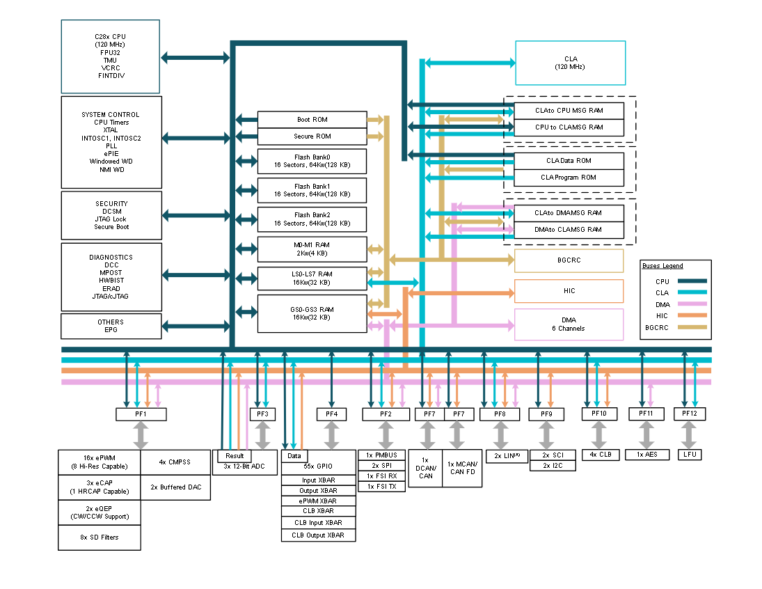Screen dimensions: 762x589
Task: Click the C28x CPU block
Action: (x=111, y=56)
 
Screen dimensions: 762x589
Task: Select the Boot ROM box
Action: (x=312, y=120)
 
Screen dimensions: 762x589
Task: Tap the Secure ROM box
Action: (x=312, y=136)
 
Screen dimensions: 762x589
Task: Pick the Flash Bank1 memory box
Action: (x=312, y=190)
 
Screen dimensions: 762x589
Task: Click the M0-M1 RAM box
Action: (x=312, y=249)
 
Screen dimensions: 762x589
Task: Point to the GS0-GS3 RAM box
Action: (x=312, y=314)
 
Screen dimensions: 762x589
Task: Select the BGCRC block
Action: (x=569, y=260)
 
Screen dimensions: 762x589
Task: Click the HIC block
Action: (x=569, y=291)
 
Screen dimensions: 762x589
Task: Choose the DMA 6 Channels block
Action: (x=569, y=324)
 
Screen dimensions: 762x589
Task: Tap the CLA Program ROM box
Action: (x=569, y=178)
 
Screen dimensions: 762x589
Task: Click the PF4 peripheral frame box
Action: (x=331, y=414)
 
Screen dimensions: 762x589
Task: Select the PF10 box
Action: (x=599, y=414)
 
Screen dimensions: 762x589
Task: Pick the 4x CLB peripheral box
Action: (x=601, y=455)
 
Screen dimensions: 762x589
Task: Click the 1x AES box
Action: (x=646, y=455)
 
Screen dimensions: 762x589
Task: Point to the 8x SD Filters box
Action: (x=100, y=537)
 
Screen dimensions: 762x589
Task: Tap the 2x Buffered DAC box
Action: (x=175, y=487)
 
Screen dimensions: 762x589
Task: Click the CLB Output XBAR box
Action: (x=318, y=535)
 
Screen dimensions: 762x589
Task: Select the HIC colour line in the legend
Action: (x=692, y=315)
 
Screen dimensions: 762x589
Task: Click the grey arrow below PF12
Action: (x=689, y=435)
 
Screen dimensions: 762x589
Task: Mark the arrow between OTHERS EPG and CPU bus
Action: (x=196, y=327)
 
